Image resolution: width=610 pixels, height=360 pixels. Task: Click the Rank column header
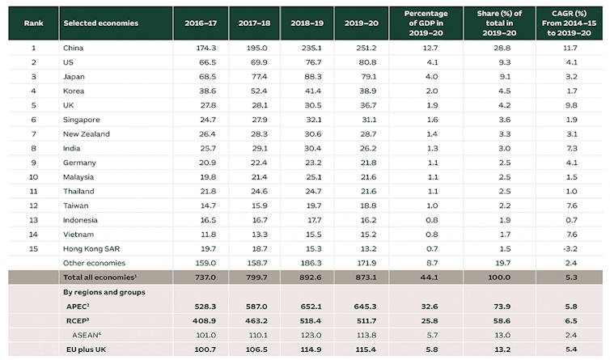point(33,23)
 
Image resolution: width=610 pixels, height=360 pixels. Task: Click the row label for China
point(73,48)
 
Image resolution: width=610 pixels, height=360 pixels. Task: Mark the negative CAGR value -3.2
point(571,248)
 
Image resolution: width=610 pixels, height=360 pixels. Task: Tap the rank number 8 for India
point(33,148)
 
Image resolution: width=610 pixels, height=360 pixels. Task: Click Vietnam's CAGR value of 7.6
point(571,234)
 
